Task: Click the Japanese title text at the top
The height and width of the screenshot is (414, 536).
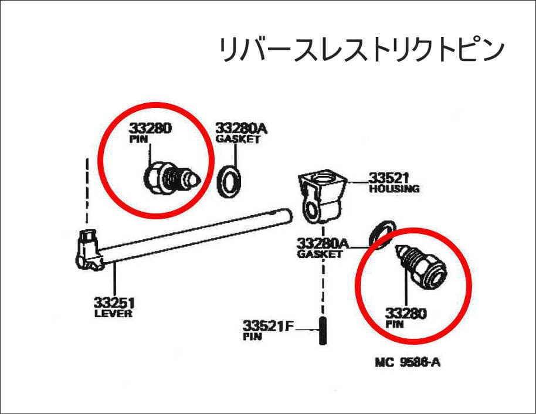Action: coord(361,50)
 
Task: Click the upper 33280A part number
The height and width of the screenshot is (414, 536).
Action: coord(238,128)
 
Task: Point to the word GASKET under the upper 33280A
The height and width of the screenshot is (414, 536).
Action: coord(238,140)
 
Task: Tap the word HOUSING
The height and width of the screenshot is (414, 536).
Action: coord(393,189)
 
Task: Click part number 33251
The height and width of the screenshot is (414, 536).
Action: coord(114,303)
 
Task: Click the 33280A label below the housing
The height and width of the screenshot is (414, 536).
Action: coord(321,243)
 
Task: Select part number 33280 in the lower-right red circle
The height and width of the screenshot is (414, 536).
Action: coord(405,313)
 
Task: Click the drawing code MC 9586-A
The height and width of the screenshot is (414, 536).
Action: coord(408,362)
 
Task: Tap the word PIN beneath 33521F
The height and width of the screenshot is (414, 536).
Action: coord(253,337)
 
